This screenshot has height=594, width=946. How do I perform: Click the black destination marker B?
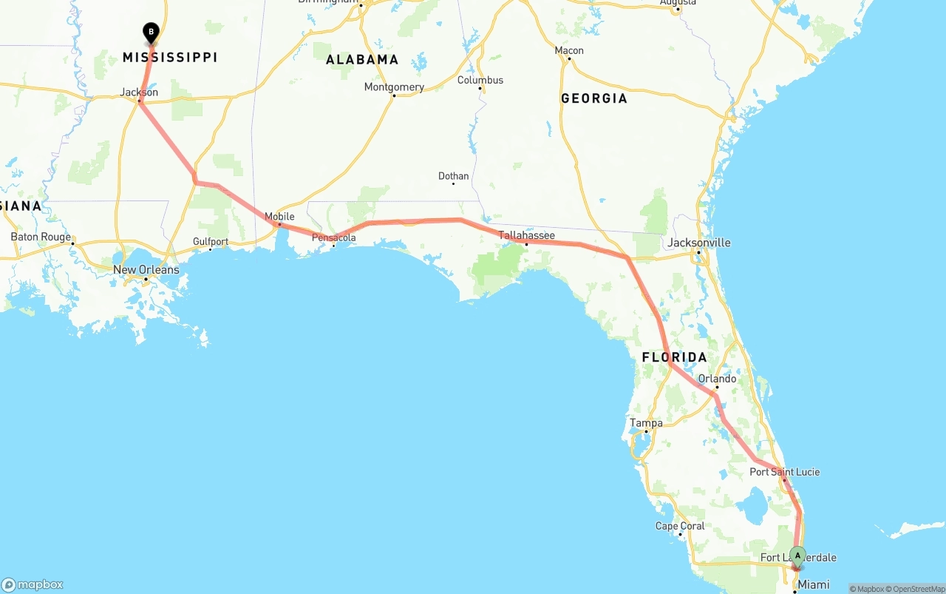(151, 32)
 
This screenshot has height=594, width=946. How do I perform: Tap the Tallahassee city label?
(526, 235)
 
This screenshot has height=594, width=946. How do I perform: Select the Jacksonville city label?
(698, 243)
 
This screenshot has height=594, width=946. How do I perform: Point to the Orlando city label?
(717, 379)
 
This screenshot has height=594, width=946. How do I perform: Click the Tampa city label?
(646, 423)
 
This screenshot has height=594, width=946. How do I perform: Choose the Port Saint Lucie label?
(784, 472)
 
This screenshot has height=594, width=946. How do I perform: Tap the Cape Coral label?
(680, 526)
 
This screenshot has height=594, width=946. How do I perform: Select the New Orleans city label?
(146, 270)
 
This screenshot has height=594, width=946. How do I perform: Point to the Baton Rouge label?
(41, 237)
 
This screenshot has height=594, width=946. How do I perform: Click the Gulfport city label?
(211, 241)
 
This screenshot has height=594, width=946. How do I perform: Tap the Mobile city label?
(279, 217)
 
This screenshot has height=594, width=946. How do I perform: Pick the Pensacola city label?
(333, 237)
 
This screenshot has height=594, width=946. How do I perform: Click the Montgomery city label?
(394, 87)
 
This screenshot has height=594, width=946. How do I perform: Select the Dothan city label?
(453, 176)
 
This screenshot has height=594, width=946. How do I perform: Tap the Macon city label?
(569, 50)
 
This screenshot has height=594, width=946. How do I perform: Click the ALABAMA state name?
(362, 59)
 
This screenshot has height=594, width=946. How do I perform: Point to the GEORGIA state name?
(593, 98)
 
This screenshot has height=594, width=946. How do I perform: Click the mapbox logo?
(33, 584)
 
